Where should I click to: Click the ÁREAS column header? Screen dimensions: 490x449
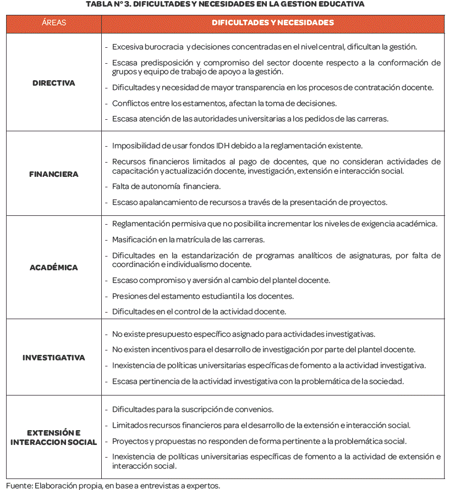(53, 23)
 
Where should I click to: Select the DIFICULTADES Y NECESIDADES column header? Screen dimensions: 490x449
(273, 23)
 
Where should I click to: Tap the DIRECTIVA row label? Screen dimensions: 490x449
(53, 83)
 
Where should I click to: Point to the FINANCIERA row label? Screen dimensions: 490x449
(53, 174)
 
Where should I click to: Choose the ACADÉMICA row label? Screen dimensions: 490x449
(53, 268)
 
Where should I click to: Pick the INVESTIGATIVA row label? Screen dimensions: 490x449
(53, 358)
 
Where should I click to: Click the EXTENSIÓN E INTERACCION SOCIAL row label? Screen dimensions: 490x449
(53, 437)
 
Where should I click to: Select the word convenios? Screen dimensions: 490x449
(256, 409)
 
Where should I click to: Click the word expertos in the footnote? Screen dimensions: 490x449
(205, 486)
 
